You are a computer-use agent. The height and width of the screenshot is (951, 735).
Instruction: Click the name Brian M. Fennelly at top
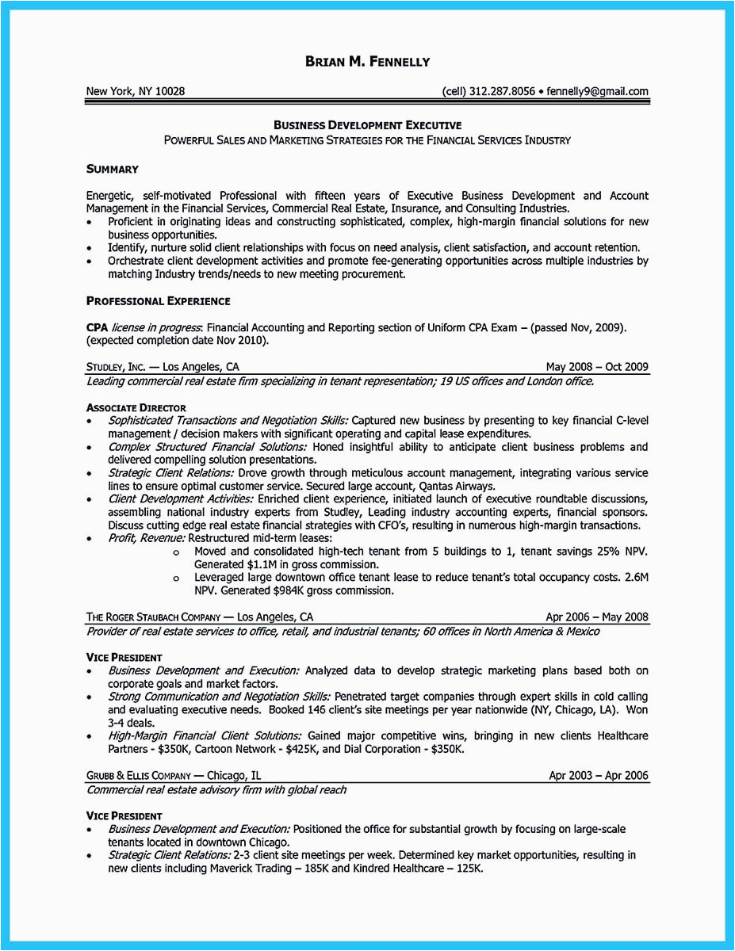pyautogui.click(x=367, y=62)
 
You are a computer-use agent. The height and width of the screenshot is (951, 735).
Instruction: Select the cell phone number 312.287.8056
pyautogui.click(x=502, y=91)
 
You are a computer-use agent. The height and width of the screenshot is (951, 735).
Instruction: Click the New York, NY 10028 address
pyautogui.click(x=135, y=91)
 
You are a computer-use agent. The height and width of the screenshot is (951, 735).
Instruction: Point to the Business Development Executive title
pyautogui.click(x=367, y=125)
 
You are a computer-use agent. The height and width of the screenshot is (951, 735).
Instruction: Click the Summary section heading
pyautogui.click(x=112, y=169)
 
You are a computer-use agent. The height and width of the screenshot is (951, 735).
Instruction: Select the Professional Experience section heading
pyautogui.click(x=158, y=301)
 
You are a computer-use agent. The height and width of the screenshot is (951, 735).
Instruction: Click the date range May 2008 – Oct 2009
pyautogui.click(x=597, y=367)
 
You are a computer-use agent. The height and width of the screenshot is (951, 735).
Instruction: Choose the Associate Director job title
pyautogui.click(x=136, y=407)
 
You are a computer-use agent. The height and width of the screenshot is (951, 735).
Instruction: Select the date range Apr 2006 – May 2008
pyautogui.click(x=597, y=617)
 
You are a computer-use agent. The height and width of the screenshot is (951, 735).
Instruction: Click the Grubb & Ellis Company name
pyautogui.click(x=138, y=776)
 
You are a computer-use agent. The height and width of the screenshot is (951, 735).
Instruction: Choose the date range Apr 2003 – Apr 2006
pyautogui.click(x=599, y=776)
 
